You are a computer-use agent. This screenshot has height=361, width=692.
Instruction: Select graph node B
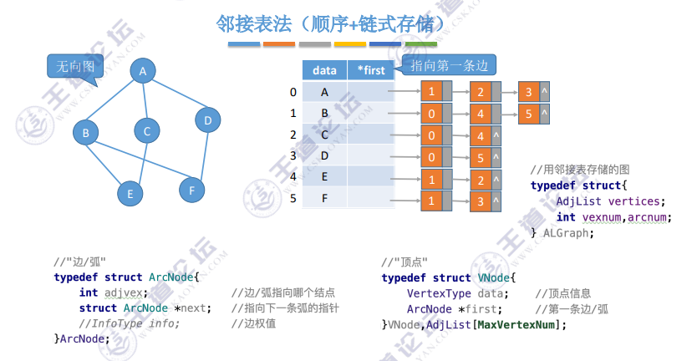(x=85, y=131)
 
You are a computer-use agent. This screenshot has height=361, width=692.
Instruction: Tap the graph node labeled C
(x=146, y=130)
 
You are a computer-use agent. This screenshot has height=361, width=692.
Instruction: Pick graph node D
(x=207, y=121)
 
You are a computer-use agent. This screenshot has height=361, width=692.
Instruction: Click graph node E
(x=130, y=194)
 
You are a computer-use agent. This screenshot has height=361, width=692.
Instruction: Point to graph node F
(x=191, y=190)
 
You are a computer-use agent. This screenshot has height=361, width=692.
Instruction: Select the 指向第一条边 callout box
(x=449, y=64)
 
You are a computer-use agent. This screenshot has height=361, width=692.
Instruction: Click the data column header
(x=324, y=71)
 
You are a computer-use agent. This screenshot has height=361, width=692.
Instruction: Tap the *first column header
(x=370, y=71)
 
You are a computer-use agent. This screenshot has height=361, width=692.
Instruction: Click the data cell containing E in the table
(x=324, y=177)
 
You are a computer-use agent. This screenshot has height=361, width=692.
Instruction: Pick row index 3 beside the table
(x=293, y=155)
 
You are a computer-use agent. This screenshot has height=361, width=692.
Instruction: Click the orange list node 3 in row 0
(x=528, y=92)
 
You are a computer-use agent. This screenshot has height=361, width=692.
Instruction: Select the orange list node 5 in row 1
(x=528, y=113)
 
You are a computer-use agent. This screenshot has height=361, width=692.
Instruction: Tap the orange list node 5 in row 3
(x=481, y=157)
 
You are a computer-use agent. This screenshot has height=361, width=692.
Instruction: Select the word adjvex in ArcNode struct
(x=125, y=293)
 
